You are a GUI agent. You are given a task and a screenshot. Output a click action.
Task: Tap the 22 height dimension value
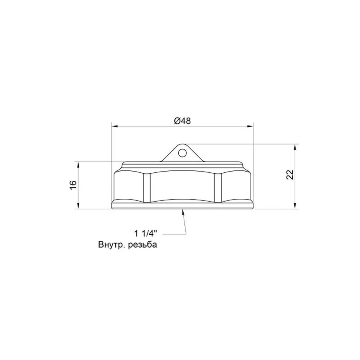point(290,175)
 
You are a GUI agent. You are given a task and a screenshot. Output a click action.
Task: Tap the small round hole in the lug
point(182,153)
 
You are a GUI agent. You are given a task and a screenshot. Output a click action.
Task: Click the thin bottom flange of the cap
point(182,206)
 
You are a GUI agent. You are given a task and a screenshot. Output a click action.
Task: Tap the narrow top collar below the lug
point(182,165)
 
